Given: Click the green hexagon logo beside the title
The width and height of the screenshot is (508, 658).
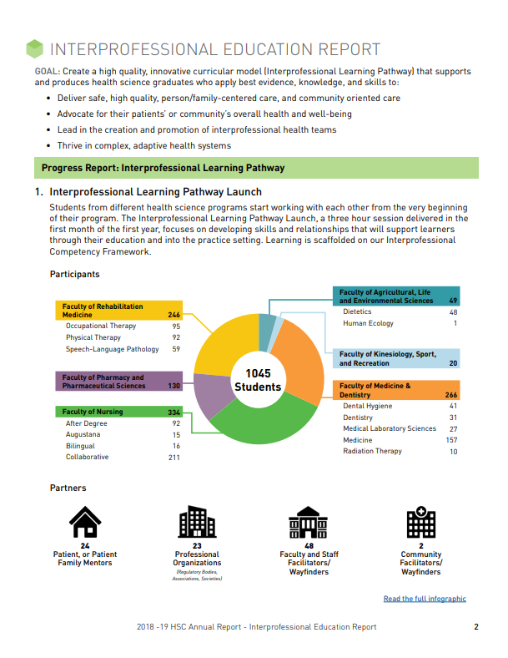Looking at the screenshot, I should coord(34,49).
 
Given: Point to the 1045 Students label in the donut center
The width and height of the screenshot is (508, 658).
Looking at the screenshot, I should coord(258,380).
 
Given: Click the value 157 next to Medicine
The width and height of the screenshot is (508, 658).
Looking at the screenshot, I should coord(451,440).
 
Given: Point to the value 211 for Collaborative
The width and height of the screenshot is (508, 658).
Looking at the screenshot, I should coord(174,458).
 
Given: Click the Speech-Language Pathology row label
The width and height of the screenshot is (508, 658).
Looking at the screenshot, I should coord(112,349).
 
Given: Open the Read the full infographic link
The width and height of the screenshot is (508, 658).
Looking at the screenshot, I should coord(425,599).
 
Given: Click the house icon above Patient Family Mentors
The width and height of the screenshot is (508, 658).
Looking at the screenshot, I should coord(85,523).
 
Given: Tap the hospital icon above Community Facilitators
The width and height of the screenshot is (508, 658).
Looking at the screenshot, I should coord(420,523).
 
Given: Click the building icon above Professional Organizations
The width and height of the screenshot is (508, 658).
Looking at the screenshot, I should coord(197,523).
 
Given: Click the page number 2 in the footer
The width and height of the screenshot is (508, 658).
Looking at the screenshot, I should coord(475,627).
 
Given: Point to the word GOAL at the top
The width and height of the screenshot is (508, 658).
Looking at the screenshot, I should coord(47,72).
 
